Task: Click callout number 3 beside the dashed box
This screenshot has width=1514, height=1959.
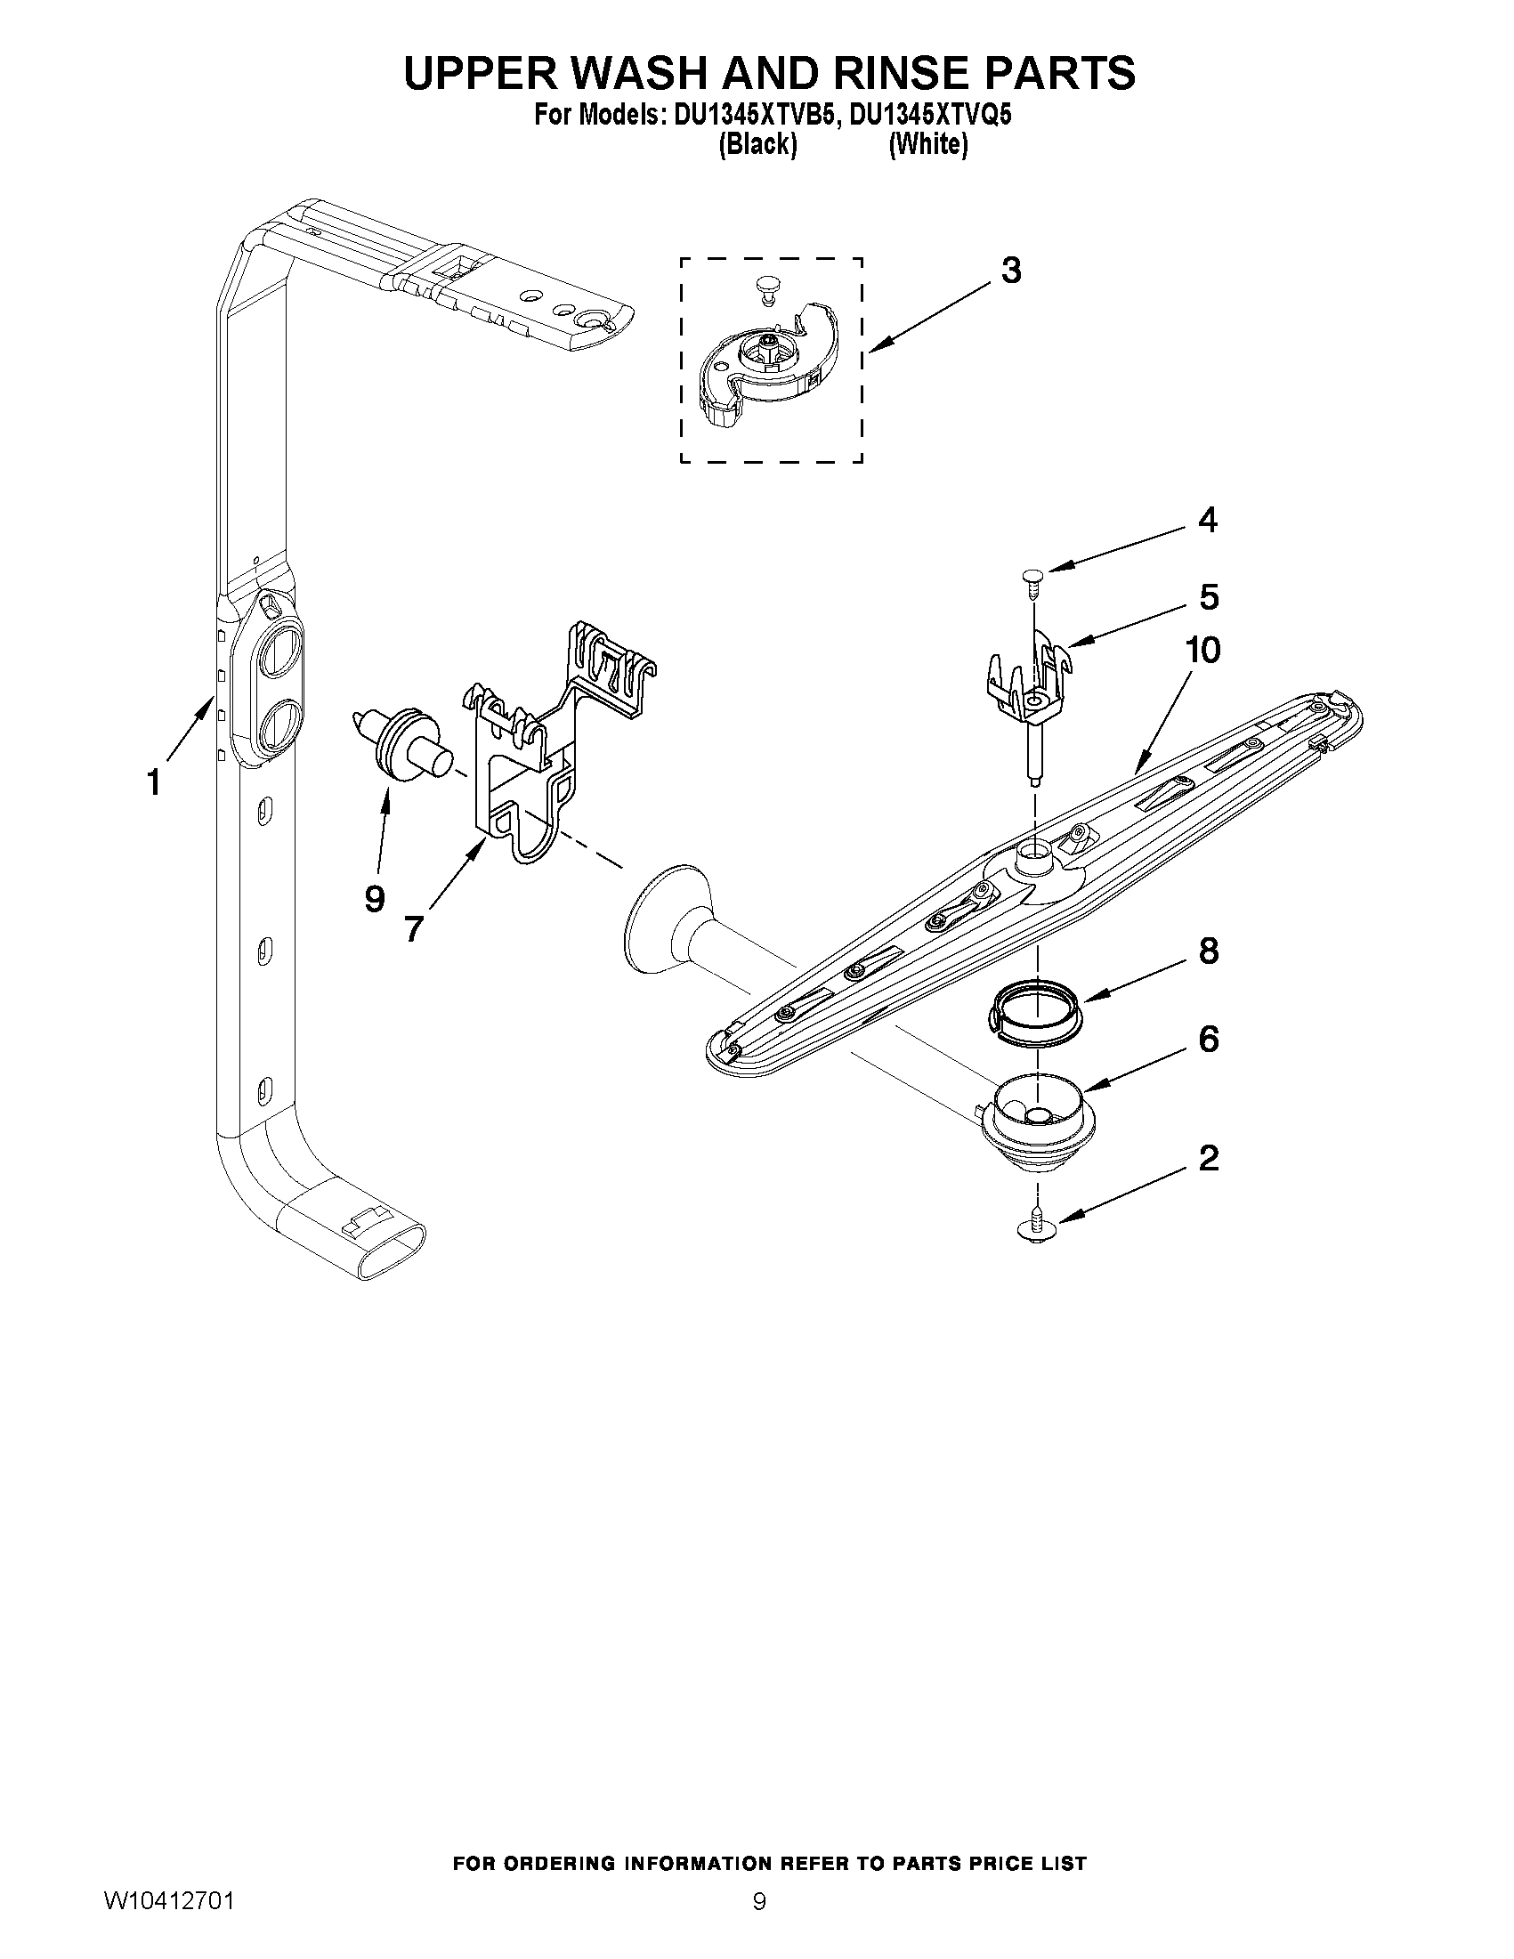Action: tap(1010, 270)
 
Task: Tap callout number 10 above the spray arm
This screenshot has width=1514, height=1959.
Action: tap(1202, 651)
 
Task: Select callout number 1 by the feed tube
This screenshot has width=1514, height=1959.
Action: tap(154, 782)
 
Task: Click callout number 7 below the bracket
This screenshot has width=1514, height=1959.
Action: tap(413, 928)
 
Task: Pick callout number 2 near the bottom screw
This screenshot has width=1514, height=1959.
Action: tap(1208, 1158)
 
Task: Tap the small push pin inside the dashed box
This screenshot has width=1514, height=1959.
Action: tap(765, 290)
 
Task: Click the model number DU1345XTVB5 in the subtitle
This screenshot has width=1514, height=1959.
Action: tap(751, 115)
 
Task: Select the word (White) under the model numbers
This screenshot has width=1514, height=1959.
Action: tap(927, 144)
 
